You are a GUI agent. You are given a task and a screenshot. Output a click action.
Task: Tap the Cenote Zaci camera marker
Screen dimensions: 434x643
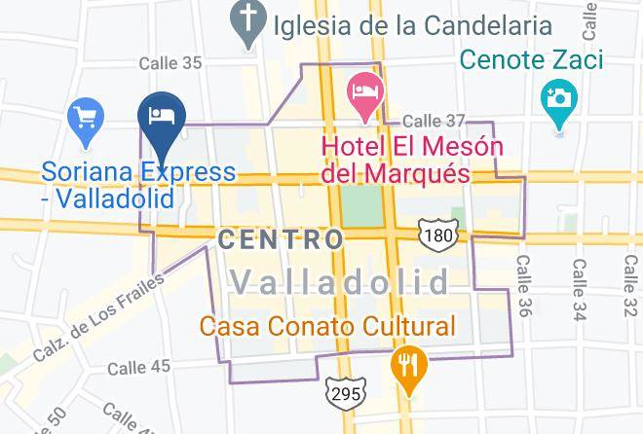[558, 101]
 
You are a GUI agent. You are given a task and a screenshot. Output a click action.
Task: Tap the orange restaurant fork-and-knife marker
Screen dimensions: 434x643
[406, 367]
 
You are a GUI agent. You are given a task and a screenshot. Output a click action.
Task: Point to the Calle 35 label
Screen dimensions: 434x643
[170, 63]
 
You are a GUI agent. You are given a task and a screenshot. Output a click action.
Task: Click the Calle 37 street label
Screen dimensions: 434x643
[435, 121]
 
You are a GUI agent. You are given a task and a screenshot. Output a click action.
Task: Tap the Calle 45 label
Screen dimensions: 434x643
[138, 367]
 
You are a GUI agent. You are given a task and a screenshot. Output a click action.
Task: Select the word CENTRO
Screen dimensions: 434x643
[282, 239]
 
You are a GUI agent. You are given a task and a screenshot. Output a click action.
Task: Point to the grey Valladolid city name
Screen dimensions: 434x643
[341, 283]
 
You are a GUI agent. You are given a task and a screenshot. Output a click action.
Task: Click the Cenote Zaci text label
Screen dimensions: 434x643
[531, 60]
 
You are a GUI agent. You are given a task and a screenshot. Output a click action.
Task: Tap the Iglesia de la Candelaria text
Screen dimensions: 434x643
[412, 24]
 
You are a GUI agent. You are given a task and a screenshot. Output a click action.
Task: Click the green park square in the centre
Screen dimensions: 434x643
[361, 205]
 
